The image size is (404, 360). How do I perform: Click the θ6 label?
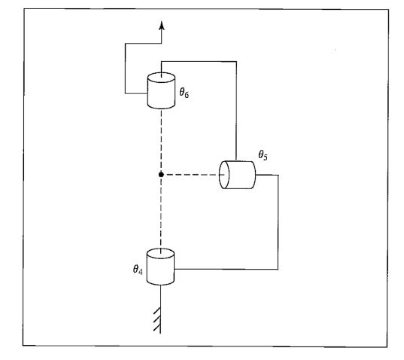(x=184, y=93)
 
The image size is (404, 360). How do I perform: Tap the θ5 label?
(x=263, y=155)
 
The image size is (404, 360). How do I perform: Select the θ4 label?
(x=138, y=269)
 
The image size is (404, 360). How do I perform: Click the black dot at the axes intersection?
(x=161, y=175)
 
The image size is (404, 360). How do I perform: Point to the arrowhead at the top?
(x=162, y=26)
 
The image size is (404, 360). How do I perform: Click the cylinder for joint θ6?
(x=161, y=90)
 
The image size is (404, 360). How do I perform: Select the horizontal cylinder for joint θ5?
(x=237, y=175)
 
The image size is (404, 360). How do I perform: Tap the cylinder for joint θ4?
(x=160, y=267)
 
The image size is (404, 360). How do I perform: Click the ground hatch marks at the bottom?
(x=157, y=319)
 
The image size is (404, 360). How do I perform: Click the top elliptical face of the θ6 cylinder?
(x=161, y=78)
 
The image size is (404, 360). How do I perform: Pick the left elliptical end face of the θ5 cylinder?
(x=224, y=175)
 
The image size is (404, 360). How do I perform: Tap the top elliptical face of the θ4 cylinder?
(x=160, y=254)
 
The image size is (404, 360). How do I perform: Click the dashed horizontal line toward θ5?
(x=191, y=175)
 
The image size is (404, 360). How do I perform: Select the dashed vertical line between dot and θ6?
(x=161, y=141)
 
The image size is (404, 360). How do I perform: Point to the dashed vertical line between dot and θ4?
(x=161, y=212)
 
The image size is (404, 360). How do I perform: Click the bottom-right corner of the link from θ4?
(x=278, y=269)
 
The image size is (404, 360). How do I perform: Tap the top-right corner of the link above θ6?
(x=236, y=61)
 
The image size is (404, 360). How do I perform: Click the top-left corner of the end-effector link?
(x=125, y=44)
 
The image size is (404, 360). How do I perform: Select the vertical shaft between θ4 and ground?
(x=160, y=310)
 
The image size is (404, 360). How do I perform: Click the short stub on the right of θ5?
(x=267, y=175)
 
